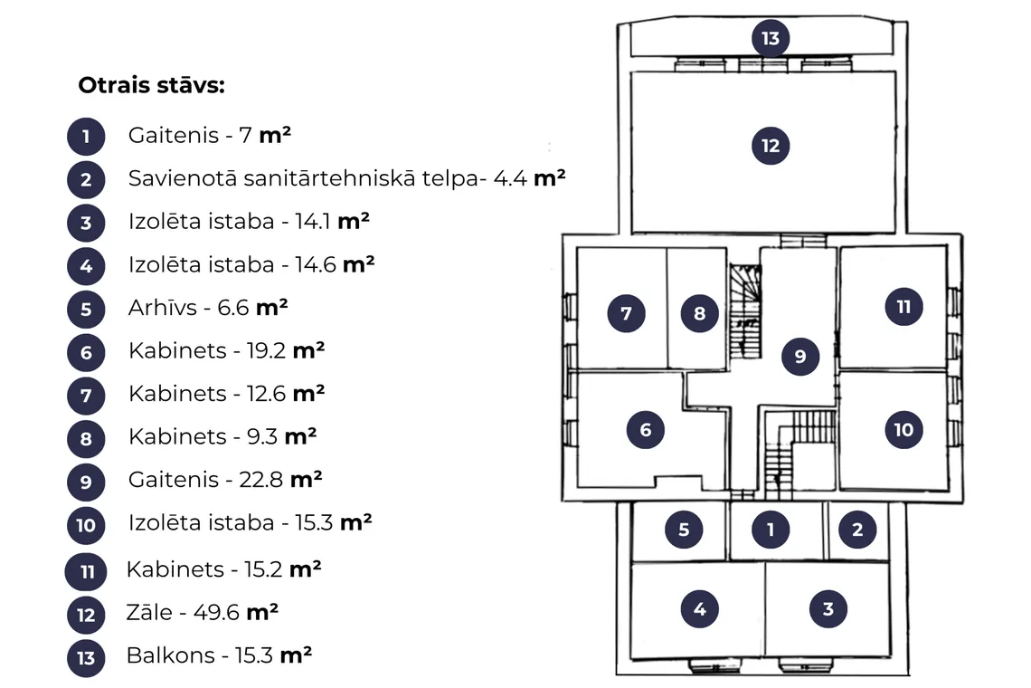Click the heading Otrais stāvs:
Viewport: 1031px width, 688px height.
151,86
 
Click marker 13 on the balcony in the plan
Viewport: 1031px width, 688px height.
771,38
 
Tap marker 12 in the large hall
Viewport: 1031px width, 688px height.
771,146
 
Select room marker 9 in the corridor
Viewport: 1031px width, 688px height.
800,356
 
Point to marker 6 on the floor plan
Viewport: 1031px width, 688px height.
646,430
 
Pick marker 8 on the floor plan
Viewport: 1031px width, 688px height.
700,313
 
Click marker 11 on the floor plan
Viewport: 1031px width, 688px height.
903,307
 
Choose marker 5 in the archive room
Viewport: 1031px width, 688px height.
684,530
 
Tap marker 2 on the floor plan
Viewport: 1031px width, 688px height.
857,530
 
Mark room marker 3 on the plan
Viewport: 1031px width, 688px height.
828,609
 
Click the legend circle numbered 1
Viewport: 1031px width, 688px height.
86,137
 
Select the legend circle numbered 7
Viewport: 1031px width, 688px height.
86,396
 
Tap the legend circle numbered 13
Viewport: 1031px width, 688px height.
86,658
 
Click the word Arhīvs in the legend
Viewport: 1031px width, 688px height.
163,308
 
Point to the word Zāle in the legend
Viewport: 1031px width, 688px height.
149,612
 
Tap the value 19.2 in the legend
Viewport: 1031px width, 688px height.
266,351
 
